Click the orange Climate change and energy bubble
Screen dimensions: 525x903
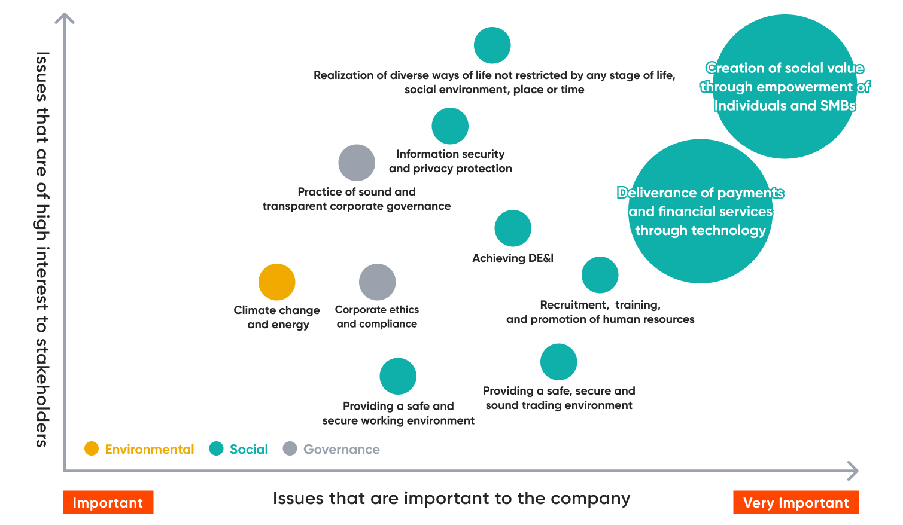[x=276, y=282]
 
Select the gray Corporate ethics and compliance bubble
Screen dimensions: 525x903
[x=377, y=282]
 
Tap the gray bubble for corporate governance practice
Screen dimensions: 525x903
[x=357, y=163]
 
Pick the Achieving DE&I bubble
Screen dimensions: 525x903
[x=513, y=228]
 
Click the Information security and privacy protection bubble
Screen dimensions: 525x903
[x=450, y=126]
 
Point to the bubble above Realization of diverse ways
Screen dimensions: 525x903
[x=492, y=45]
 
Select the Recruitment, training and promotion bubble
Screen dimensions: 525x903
[x=600, y=275]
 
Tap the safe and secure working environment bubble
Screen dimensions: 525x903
[x=398, y=376]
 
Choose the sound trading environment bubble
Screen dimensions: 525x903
[x=558, y=362]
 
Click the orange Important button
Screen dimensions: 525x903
[x=108, y=502]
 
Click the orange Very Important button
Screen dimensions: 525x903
[x=796, y=502]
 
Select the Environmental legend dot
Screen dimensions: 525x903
[x=92, y=448]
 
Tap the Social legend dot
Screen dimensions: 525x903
[x=216, y=448]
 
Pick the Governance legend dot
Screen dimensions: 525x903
[x=290, y=448]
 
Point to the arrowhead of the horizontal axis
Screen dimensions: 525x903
[x=854, y=471]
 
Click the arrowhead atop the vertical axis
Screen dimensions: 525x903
[x=65, y=18]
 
